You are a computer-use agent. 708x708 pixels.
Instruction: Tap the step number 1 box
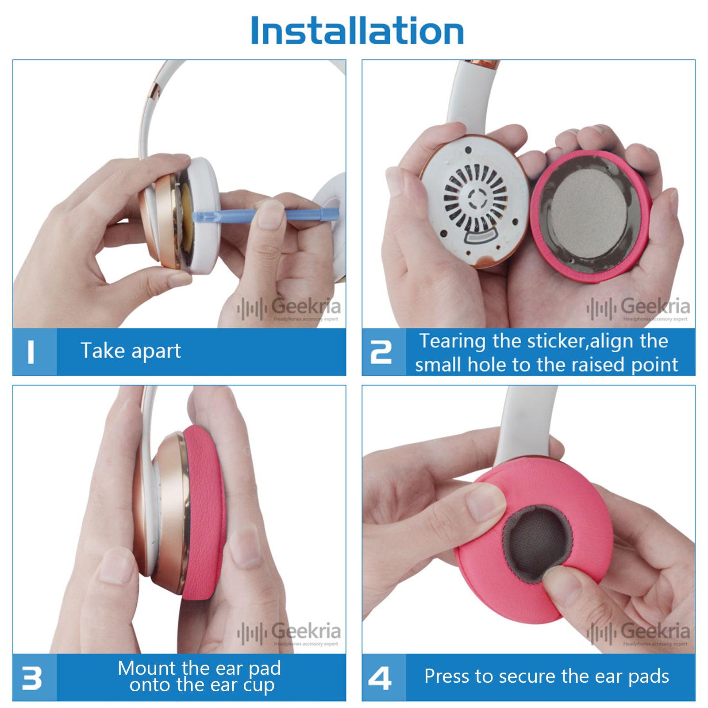coord(35,352)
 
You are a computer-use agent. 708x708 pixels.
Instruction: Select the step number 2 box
coord(384,352)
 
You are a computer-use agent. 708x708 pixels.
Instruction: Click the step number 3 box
coord(35,677)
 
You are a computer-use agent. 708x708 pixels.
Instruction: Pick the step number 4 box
coord(384,677)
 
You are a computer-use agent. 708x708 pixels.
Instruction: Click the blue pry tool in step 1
coord(265,216)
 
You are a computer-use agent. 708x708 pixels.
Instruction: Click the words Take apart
coord(131,351)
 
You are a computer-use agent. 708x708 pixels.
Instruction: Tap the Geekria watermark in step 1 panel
coord(289,308)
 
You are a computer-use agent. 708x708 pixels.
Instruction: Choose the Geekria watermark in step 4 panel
coord(639,633)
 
